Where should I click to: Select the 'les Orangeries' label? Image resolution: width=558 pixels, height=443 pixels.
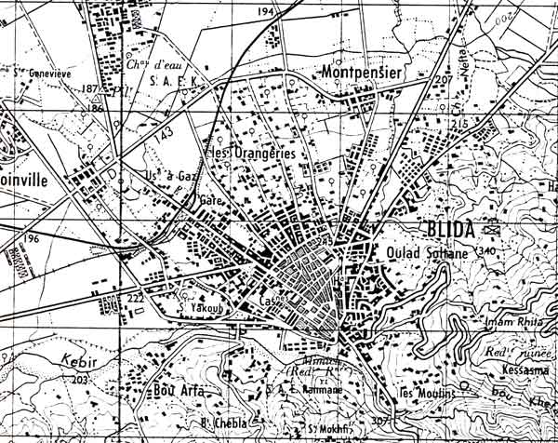249,152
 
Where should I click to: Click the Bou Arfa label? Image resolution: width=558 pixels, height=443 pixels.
179,390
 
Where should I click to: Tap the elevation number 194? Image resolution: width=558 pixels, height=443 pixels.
268,12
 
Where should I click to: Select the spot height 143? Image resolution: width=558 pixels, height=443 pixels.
165,136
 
